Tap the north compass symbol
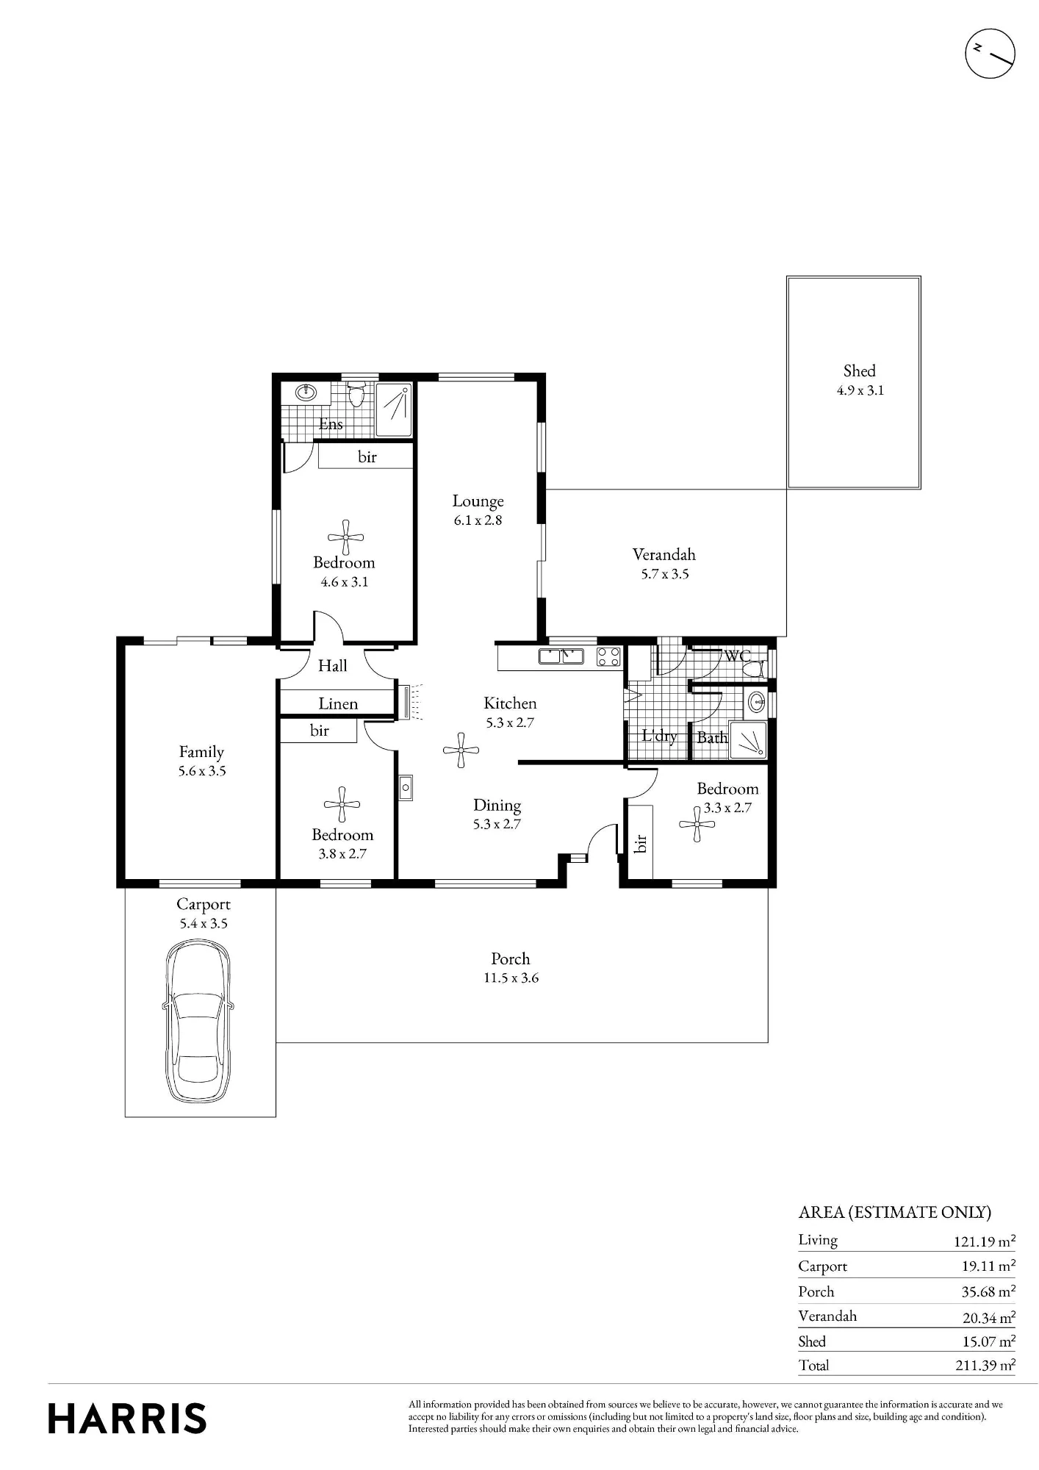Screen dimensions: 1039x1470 click(989, 54)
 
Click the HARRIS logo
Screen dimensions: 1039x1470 click(127, 1419)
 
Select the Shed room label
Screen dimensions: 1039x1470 click(859, 371)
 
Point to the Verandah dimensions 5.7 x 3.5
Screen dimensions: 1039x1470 click(664, 574)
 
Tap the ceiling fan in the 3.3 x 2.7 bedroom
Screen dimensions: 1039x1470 click(697, 824)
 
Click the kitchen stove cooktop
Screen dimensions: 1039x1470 click(608, 656)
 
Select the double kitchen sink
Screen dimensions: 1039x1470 click(561, 656)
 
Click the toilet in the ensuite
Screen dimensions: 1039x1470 click(356, 395)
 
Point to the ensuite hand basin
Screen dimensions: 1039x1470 click(306, 392)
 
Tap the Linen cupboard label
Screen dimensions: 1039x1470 click(338, 703)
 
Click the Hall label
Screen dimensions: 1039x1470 click(332, 666)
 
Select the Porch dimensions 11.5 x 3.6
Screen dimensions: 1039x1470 click(511, 978)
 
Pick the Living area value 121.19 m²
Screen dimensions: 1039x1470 click(985, 1241)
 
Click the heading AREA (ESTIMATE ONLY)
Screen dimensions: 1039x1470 click(895, 1212)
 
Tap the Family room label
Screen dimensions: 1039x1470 click(201, 752)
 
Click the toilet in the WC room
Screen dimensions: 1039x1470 click(753, 669)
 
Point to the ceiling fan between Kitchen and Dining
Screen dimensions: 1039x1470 click(461, 750)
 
